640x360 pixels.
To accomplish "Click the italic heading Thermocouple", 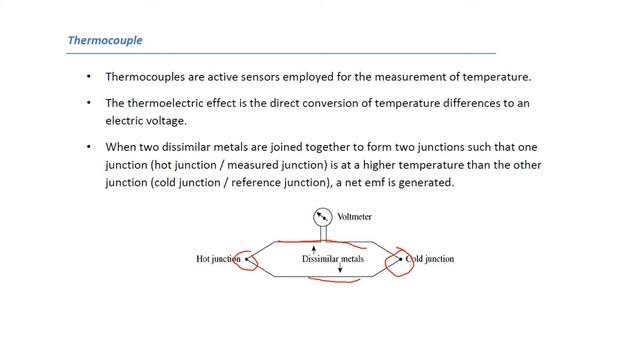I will [105, 41].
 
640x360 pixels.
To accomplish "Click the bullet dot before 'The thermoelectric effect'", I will [89, 103].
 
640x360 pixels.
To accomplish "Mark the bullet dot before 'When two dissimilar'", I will [89, 146].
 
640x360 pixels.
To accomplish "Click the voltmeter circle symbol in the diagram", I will [322, 216].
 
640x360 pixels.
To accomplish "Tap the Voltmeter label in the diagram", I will [355, 216].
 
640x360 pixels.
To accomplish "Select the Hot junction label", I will [218, 259].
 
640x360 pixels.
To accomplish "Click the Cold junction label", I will [429, 259].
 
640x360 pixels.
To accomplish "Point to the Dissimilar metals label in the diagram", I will [333, 259].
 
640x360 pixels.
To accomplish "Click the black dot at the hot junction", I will [247, 259].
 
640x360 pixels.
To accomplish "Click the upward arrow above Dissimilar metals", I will [315, 247].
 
